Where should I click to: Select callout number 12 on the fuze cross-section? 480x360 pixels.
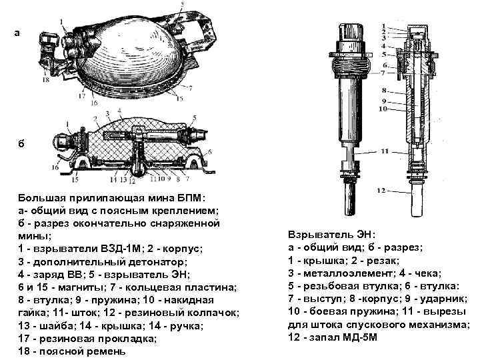[x=381, y=191]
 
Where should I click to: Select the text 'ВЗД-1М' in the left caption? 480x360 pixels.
[x=117, y=248]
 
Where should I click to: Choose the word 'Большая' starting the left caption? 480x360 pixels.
[x=41, y=197]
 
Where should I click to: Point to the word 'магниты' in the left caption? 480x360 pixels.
[x=79, y=286]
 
